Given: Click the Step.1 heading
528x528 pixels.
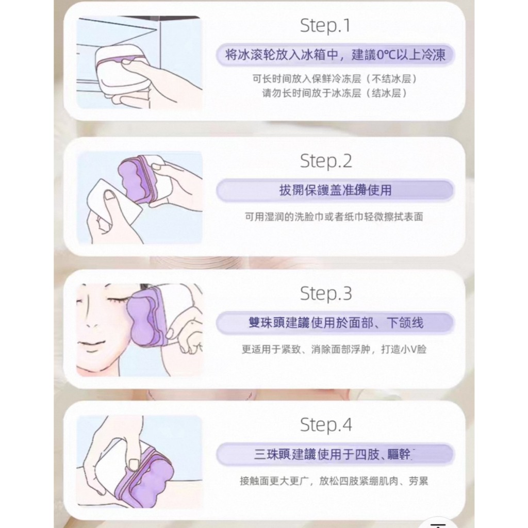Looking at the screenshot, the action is click(325, 26).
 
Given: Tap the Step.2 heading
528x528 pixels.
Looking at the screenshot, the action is click(326, 161).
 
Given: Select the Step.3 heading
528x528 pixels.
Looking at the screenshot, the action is click(326, 293).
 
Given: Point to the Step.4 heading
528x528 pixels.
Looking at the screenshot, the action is click(326, 425).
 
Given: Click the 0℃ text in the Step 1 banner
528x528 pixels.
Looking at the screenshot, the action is click(386, 55).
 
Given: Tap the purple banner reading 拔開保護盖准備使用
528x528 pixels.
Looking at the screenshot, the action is click(335, 190).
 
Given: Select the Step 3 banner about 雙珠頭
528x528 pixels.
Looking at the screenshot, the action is click(335, 323).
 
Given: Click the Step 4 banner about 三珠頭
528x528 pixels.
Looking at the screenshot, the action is click(335, 454).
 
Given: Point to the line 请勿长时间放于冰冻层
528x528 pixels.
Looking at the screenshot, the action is click(335, 93).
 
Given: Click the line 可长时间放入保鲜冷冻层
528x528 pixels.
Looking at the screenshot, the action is click(335, 79).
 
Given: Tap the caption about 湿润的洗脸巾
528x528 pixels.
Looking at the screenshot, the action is click(334, 217).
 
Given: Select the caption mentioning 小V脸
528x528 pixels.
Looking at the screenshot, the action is click(334, 349).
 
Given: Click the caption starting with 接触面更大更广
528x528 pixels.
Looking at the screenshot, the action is click(334, 481).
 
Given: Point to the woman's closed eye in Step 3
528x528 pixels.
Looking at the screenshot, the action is click(119, 299).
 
